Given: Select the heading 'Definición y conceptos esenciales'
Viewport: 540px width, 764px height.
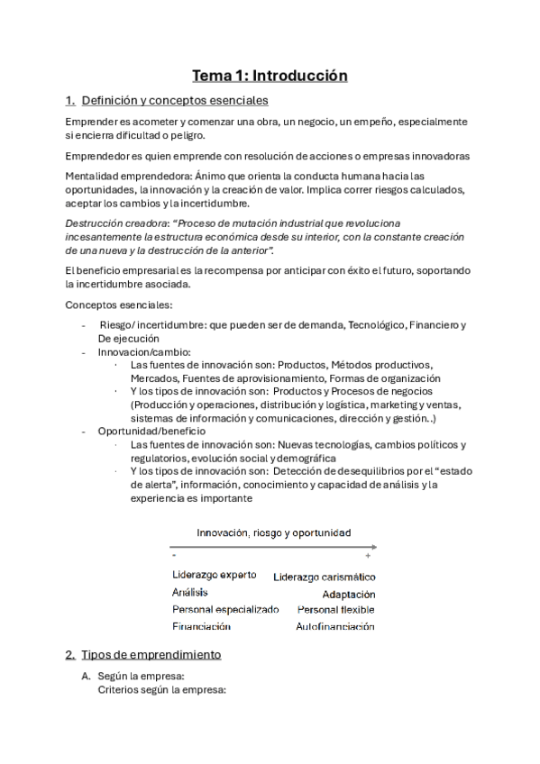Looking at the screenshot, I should click(x=174, y=100).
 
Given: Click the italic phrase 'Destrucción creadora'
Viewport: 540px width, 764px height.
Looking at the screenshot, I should click(x=104, y=223).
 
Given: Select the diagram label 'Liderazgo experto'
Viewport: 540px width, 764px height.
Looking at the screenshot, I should click(x=214, y=575).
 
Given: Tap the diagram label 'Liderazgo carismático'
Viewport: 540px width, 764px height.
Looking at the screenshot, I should click(x=325, y=577).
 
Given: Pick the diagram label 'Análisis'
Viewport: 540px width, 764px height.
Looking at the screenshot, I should click(x=189, y=592).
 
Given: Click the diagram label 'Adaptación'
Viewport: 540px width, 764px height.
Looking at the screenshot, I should click(x=349, y=595).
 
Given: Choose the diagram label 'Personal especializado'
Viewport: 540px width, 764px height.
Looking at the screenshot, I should click(x=225, y=610).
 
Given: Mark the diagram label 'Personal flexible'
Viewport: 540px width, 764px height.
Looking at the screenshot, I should click(x=336, y=610).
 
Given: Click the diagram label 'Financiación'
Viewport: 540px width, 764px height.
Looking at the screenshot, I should click(x=201, y=627).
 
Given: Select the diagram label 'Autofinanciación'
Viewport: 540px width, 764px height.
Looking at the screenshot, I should click(x=334, y=627).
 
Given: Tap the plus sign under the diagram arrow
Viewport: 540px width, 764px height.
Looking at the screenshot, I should click(x=368, y=558).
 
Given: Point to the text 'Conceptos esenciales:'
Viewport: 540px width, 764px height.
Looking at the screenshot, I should click(x=113, y=305).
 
